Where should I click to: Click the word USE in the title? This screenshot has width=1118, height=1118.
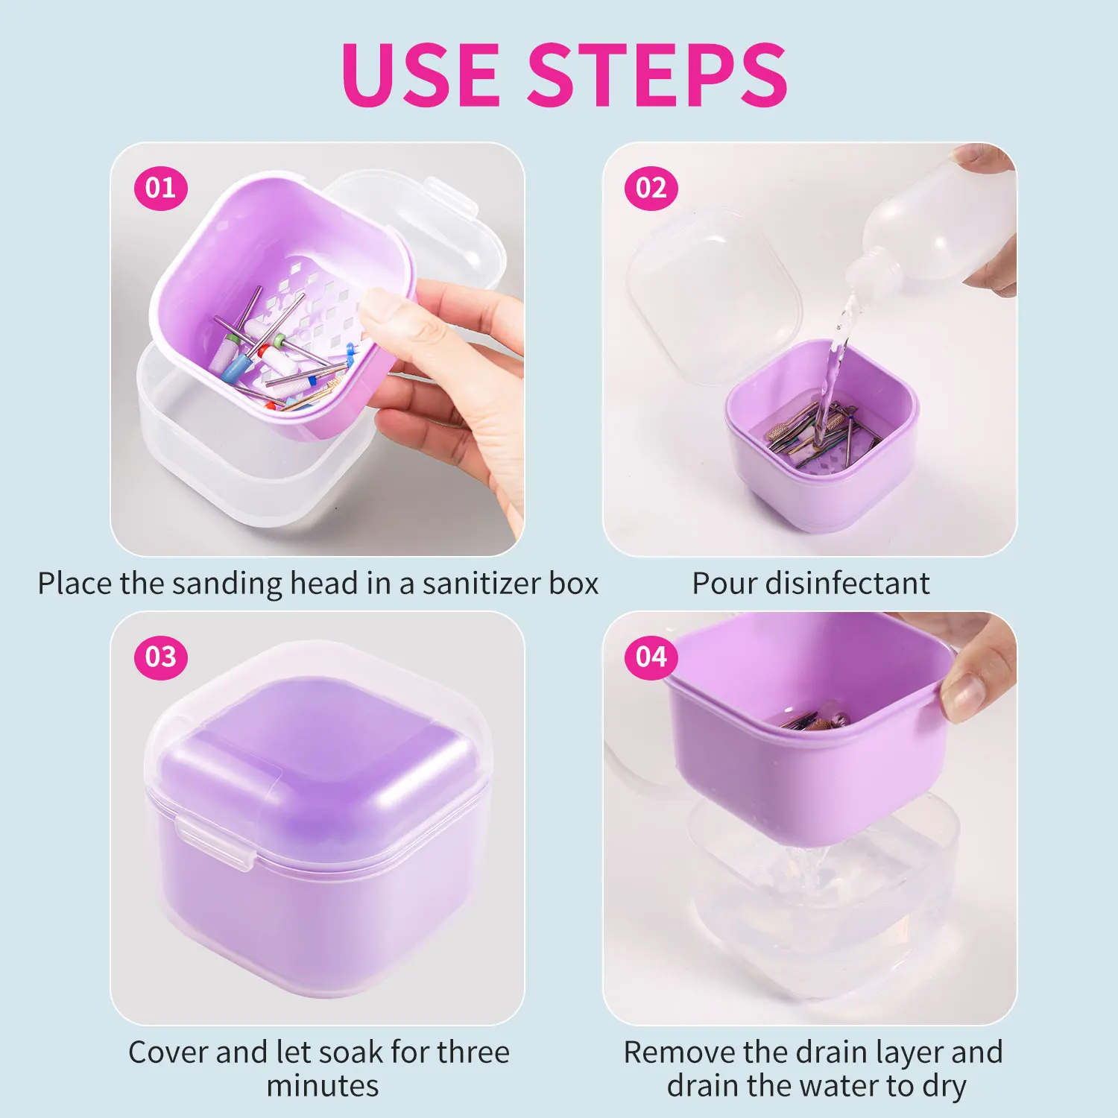[x=422, y=75]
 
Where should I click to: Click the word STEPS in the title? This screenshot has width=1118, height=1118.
[x=659, y=75]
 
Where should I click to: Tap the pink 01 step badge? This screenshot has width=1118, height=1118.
[x=160, y=188]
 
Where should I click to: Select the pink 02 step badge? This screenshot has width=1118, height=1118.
[x=651, y=188]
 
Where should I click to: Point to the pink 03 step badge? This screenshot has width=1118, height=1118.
[x=160, y=657]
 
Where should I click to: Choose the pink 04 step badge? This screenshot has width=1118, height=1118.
[x=651, y=657]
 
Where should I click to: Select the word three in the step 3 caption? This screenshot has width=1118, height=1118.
[x=473, y=1052]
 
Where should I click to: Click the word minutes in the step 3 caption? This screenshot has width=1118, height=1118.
[x=323, y=1086]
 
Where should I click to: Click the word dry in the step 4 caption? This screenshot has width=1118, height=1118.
[x=944, y=1087]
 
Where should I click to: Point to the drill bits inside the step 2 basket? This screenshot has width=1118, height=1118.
[x=820, y=432]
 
